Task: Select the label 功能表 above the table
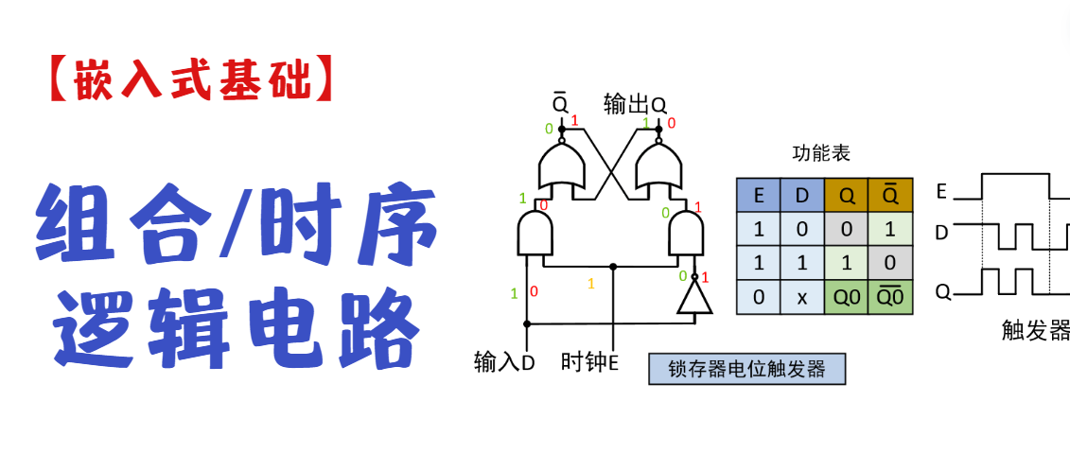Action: pyautogui.click(x=820, y=153)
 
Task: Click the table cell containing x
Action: pyautogui.click(x=801, y=297)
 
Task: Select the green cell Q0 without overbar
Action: pyautogui.click(x=846, y=297)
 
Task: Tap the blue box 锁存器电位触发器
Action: pyautogui.click(x=745, y=368)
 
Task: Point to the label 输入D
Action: pyautogui.click(x=504, y=362)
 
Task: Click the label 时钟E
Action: pyautogui.click(x=589, y=362)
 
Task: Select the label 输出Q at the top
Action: pyautogui.click(x=635, y=105)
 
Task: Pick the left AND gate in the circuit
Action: pyautogui.click(x=535, y=233)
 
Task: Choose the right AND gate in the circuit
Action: pyautogui.click(x=687, y=233)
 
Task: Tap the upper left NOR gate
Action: pyautogui.click(x=561, y=167)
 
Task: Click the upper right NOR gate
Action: pyautogui.click(x=658, y=167)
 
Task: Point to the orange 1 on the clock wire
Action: pyautogui.click(x=592, y=283)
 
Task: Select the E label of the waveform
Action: pyautogui.click(x=941, y=191)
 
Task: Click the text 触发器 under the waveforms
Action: pyautogui.click(x=1036, y=330)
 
